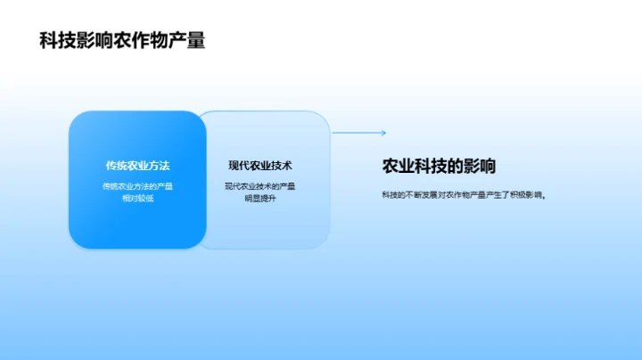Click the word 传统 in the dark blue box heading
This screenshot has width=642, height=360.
(115, 166)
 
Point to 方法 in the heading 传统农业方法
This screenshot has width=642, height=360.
(160, 166)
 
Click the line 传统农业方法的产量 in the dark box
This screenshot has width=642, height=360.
(137, 186)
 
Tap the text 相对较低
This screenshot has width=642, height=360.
(137, 198)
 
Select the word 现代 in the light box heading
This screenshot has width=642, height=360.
(238, 166)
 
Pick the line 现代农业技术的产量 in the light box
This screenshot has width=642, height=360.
(259, 186)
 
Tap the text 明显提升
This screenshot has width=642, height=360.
(259, 198)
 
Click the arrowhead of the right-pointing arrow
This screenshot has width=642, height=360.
(383, 133)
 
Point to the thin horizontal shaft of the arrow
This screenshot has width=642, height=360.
(357, 133)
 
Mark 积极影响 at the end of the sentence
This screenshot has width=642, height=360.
(525, 195)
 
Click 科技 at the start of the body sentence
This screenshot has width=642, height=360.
(390, 195)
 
